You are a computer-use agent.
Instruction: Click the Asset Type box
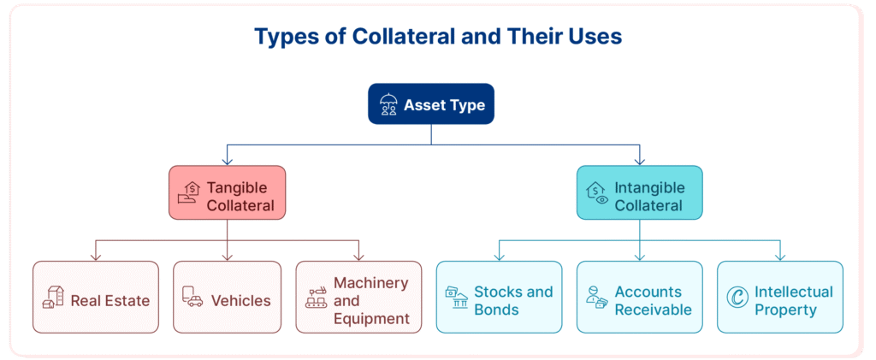431,103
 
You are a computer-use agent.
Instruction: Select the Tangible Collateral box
227,192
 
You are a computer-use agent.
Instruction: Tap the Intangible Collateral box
640,192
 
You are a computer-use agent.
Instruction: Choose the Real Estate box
96,297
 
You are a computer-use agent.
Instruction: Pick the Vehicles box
227,297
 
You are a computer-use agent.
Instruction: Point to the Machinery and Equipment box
358,297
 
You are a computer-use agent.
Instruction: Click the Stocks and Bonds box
499,297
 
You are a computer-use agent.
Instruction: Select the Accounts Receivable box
640,297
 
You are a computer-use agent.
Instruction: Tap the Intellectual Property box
780,297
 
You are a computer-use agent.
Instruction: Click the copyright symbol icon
737,297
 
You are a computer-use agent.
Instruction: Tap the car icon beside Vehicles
192,297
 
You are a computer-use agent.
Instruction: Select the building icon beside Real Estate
52,297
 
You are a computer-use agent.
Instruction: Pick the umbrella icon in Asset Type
388,104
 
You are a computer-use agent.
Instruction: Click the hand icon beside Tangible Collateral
188,192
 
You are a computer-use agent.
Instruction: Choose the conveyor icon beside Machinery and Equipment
316,298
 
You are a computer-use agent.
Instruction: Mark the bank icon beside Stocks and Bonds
457,298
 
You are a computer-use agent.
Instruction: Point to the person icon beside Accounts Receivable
596,298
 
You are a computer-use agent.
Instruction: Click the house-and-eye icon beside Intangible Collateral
596,192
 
